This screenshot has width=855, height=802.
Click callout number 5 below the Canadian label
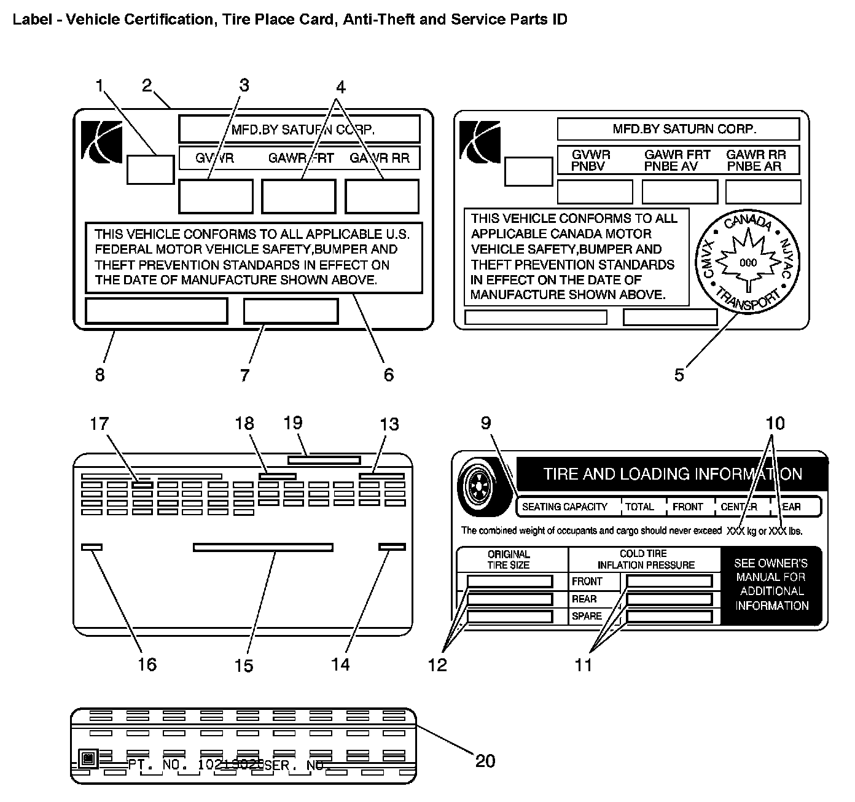click(679, 375)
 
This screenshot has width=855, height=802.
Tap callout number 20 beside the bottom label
click(485, 761)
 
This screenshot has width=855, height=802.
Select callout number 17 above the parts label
click(100, 424)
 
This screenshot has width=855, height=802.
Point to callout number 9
click(486, 422)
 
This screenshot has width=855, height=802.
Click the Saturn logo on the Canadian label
click(480, 140)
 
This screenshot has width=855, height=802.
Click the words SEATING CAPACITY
click(564, 507)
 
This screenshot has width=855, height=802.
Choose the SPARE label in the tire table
click(587, 616)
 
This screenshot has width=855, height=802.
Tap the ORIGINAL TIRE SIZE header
click(509, 559)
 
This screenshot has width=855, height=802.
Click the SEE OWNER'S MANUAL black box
click(771, 585)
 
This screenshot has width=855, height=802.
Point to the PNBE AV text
click(671, 166)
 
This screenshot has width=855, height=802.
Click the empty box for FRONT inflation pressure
click(669, 581)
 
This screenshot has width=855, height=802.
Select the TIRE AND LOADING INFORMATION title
click(673, 474)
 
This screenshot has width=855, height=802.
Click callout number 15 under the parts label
click(244, 666)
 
